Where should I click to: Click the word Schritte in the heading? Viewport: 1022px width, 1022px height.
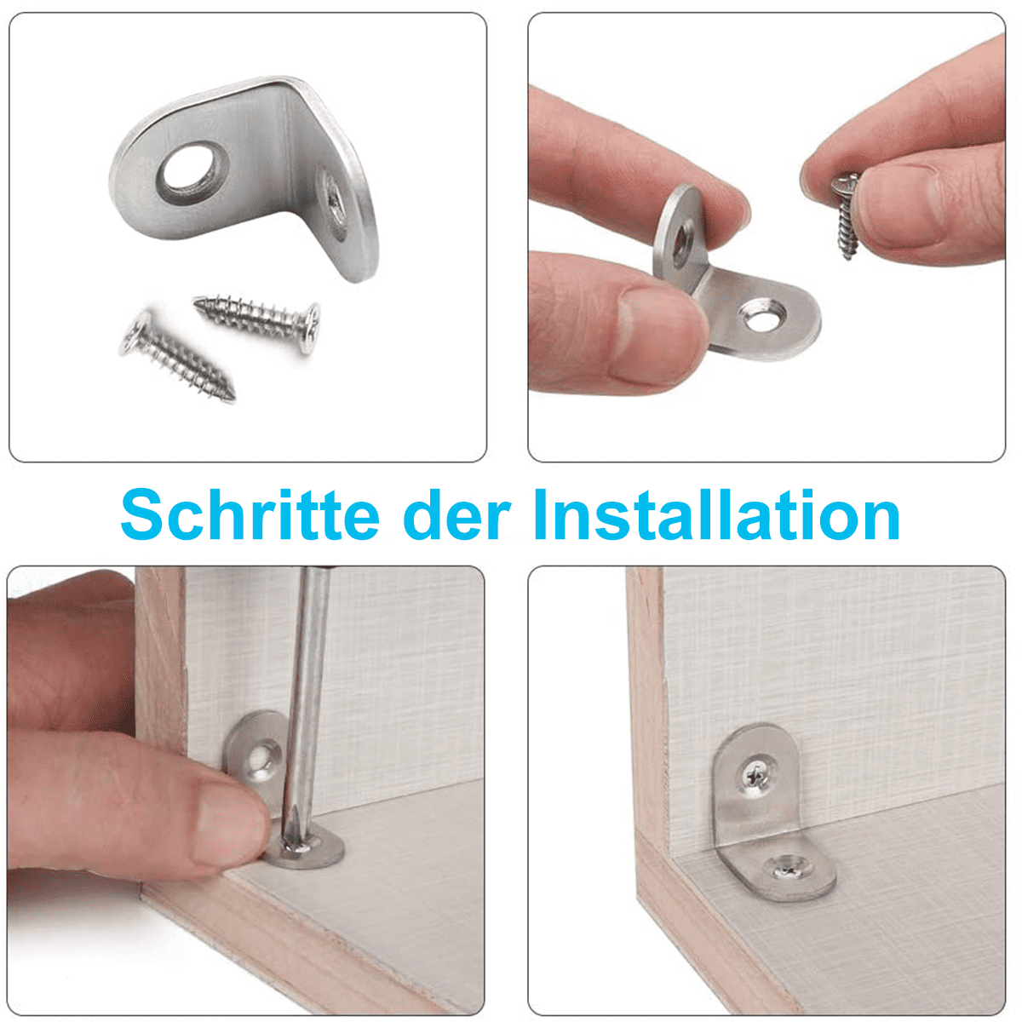click(250, 514)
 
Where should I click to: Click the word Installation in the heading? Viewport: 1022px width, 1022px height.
click(717, 514)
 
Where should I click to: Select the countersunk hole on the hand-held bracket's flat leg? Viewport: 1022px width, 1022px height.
click(763, 314)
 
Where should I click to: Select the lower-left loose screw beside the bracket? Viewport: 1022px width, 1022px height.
click(178, 354)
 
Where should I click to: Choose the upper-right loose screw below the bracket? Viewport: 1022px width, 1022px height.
click(258, 322)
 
